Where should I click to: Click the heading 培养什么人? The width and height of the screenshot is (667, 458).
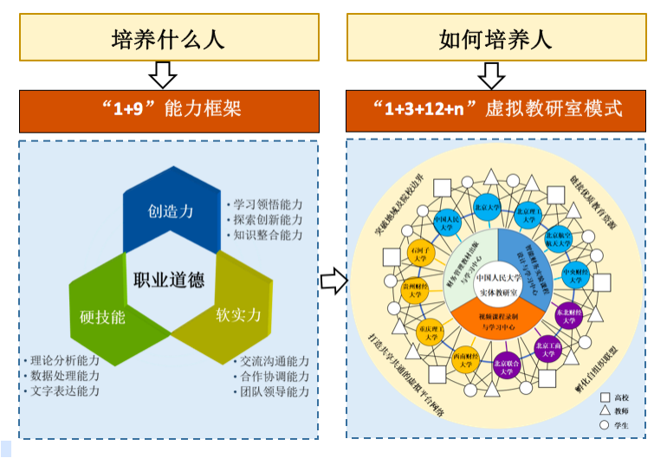(168, 40)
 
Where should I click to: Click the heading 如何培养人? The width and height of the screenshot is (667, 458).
(495, 40)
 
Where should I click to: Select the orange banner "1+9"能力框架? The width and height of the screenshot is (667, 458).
(168, 110)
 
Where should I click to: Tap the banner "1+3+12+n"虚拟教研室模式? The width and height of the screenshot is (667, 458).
(495, 110)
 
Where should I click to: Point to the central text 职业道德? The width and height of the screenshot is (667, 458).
(168, 280)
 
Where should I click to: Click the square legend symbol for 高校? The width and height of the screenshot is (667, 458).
(605, 397)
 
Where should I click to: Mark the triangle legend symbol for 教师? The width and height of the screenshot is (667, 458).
(605, 410)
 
